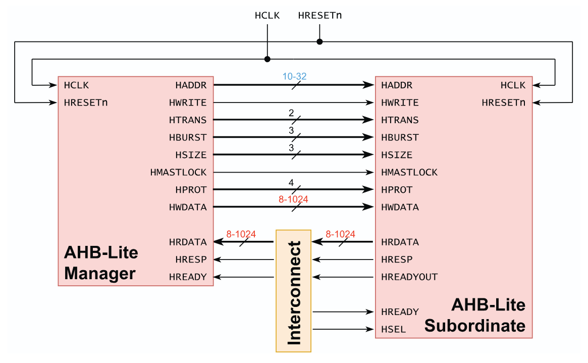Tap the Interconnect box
pos(294,291)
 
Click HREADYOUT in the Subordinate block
pos(409,277)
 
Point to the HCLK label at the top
pos(267,15)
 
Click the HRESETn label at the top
pos(320,15)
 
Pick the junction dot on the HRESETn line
pos(319,41)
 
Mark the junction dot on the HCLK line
pos(267,59)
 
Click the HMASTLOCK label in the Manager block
pos(178,172)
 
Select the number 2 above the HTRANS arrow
pos(291,113)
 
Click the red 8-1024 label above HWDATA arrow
pos(293,199)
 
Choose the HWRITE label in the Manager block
pos(188,102)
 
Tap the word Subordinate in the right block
pos(474,326)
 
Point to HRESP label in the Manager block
pos(191,260)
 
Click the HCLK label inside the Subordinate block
pos(513,85)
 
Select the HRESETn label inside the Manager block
pos(86,102)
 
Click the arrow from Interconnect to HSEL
pos(343,330)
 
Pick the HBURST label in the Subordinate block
pos(400,137)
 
